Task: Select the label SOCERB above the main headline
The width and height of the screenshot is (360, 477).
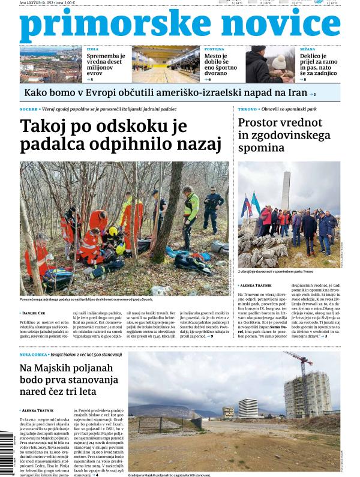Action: click(28, 110)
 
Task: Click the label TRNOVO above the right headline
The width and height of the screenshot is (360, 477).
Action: click(248, 110)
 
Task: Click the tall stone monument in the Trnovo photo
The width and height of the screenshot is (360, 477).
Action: click(286, 186)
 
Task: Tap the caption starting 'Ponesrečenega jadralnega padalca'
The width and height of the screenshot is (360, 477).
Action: click(90, 299)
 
